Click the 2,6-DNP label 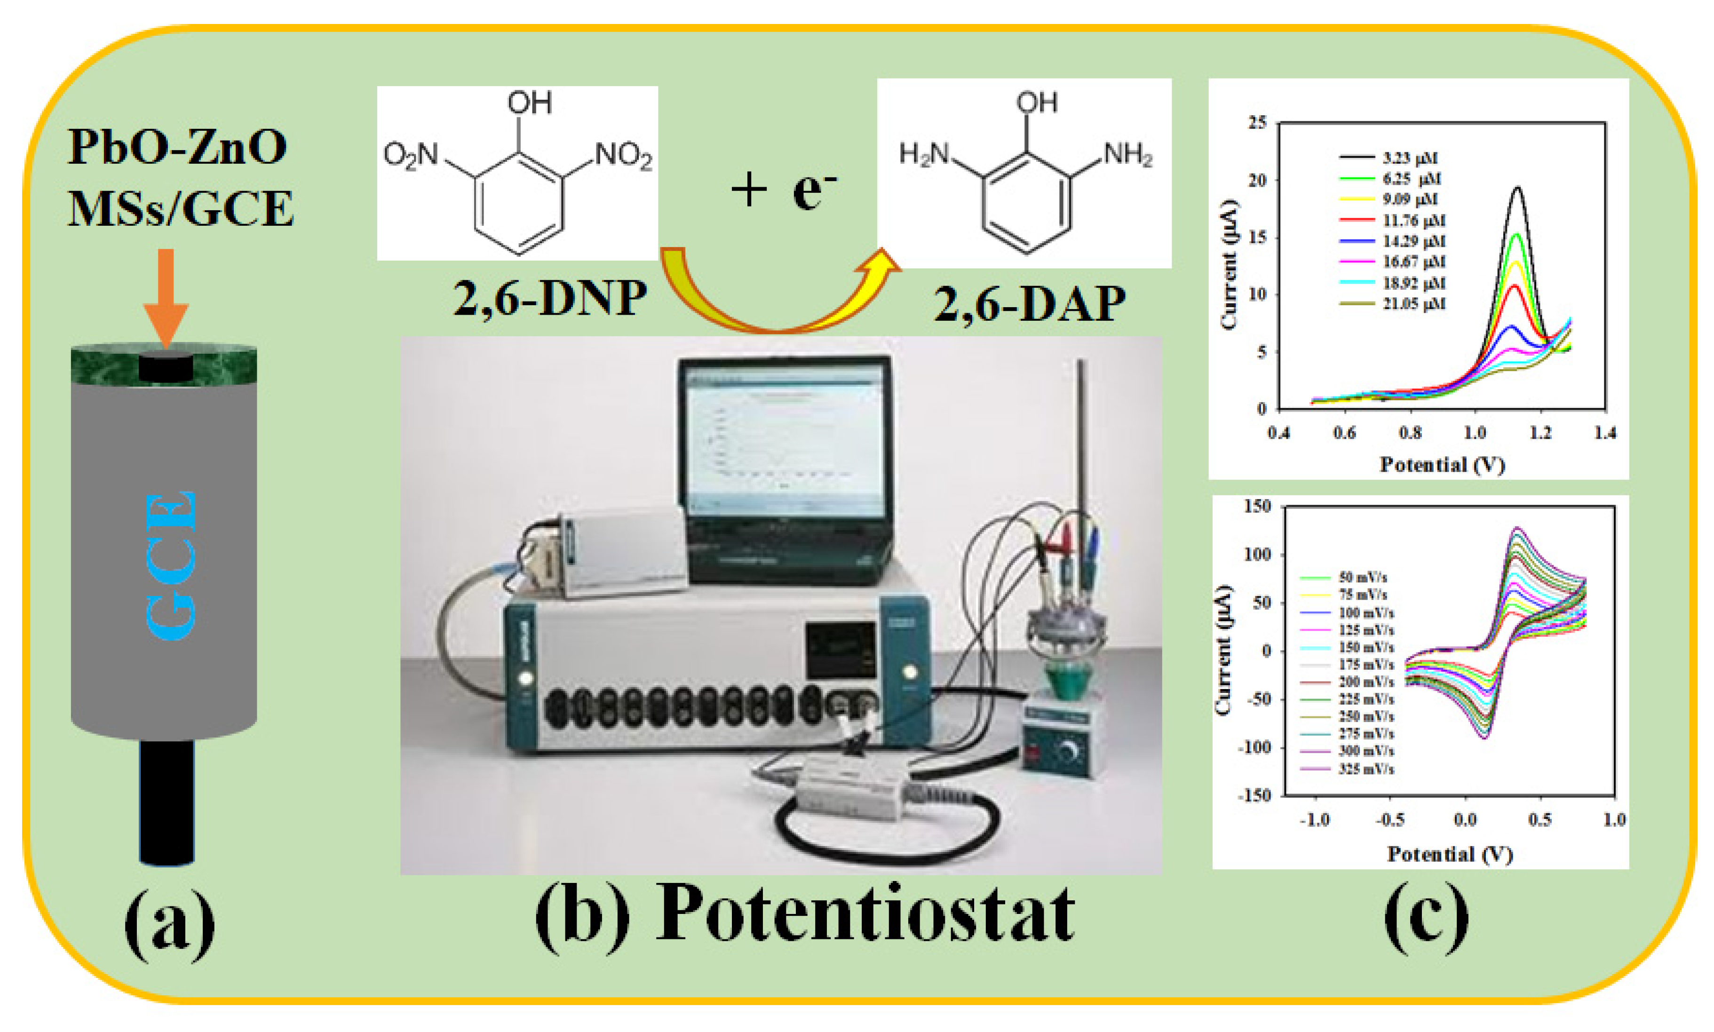tap(550, 299)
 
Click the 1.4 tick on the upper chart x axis tap(1605, 433)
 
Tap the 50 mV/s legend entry tap(1362, 577)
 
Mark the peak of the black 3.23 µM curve tap(1517, 188)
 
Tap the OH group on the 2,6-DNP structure tap(529, 103)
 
